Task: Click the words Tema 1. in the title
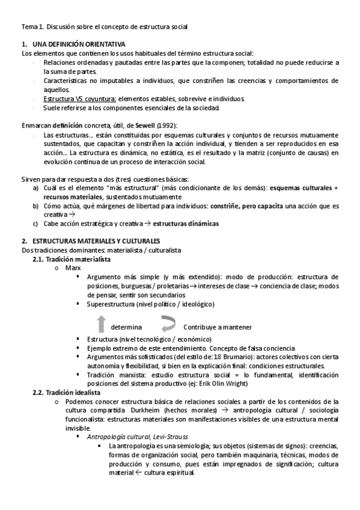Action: tap(31, 27)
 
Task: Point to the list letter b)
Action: tap(36, 206)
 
